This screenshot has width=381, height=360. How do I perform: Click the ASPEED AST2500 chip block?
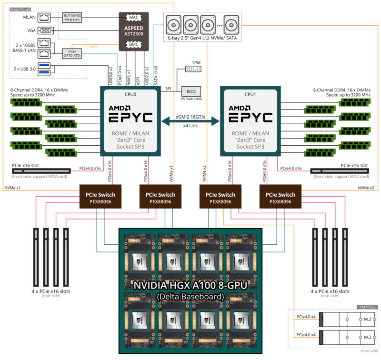tap(133, 31)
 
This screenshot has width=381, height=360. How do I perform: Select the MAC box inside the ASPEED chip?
tap(134, 18)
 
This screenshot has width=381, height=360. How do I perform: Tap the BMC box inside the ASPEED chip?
tap(134, 45)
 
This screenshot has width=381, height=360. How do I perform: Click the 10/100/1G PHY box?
tap(72, 17)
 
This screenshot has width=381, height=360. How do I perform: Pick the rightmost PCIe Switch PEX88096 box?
tap(280, 198)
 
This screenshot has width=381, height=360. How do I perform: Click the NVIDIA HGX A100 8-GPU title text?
tap(190, 286)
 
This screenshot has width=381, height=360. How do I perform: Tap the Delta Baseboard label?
tap(190, 297)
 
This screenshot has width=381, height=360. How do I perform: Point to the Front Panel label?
tap(20, 9)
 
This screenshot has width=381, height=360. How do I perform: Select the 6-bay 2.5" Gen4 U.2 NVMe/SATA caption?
tap(202, 38)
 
